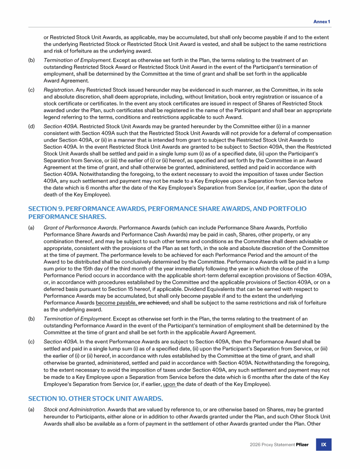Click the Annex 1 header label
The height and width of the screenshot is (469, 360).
pos(322,22)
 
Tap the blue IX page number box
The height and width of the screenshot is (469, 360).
pos(323,445)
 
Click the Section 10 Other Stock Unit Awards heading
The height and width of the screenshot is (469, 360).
pos(96,398)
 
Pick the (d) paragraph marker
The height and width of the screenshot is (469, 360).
pos(31,126)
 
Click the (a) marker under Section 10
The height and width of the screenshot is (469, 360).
pos(31,409)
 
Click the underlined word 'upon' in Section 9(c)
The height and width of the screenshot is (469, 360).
pos(170,384)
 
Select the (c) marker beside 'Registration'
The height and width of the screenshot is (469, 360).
pos(31,90)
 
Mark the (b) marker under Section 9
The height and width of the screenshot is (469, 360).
pos(31,319)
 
